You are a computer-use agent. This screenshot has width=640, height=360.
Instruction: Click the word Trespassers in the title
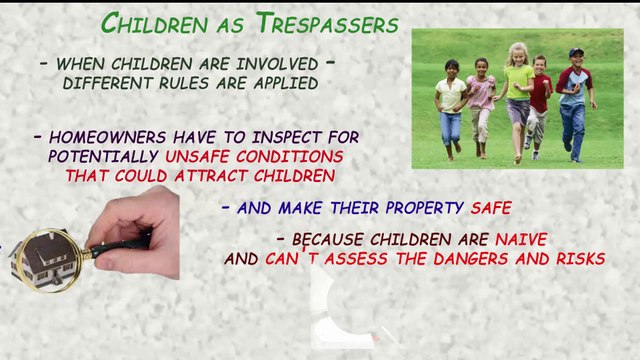click(x=327, y=23)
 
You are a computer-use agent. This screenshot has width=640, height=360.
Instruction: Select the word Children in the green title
click(x=154, y=23)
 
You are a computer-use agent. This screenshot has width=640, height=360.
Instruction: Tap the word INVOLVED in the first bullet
click(x=277, y=64)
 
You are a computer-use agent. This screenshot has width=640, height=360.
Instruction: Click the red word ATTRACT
click(x=210, y=176)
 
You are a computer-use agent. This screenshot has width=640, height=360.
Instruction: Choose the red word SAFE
click(x=491, y=208)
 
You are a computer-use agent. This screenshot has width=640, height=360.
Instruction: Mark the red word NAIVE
click(x=521, y=240)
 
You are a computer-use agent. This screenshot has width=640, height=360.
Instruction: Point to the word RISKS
click(x=580, y=259)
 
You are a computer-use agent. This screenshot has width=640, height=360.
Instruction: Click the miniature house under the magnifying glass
click(x=44, y=260)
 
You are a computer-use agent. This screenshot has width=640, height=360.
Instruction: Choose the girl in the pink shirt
click(x=480, y=106)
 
